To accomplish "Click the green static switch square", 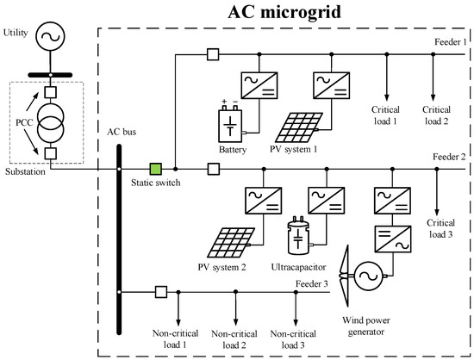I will click(156, 169).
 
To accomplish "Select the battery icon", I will click(231, 126).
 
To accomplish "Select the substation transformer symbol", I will click(50, 121).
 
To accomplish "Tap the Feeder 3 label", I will click(312, 283).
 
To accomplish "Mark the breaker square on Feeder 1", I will click(213, 56).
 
